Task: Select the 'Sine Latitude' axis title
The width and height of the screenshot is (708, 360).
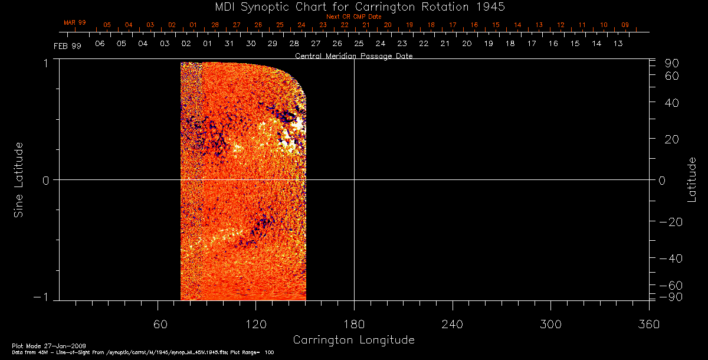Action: [19, 179]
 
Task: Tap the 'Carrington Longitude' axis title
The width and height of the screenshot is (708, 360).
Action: [353, 340]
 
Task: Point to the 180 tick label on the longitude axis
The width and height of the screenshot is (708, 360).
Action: [354, 324]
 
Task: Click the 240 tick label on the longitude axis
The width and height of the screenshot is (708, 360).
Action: [452, 324]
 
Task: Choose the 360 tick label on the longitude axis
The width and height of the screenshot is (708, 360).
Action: [648, 324]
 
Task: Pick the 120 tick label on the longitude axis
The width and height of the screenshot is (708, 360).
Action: [255, 324]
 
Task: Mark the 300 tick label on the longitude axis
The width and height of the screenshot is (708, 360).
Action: [550, 324]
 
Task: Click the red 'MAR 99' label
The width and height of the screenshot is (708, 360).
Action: [75, 22]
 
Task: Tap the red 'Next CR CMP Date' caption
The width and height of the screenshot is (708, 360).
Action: [353, 17]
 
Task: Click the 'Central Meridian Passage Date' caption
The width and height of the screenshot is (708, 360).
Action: [353, 56]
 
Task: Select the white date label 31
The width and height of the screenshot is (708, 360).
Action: [229, 44]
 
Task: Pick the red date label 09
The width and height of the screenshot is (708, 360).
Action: [625, 25]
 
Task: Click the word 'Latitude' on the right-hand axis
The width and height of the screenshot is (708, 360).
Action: [691, 179]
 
